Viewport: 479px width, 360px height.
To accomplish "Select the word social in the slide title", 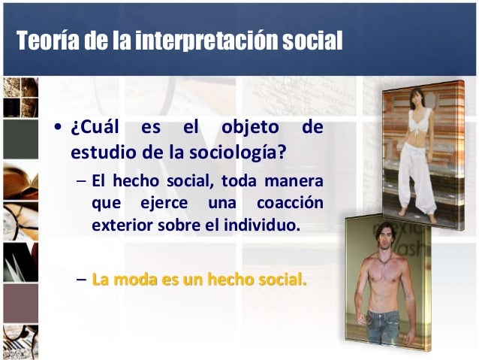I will (312, 40).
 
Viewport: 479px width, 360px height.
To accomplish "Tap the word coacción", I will (290, 203).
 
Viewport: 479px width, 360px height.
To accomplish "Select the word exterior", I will (119, 224).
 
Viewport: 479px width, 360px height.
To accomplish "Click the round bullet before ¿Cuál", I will (58, 129).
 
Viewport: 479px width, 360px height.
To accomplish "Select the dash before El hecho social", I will (80, 182).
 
